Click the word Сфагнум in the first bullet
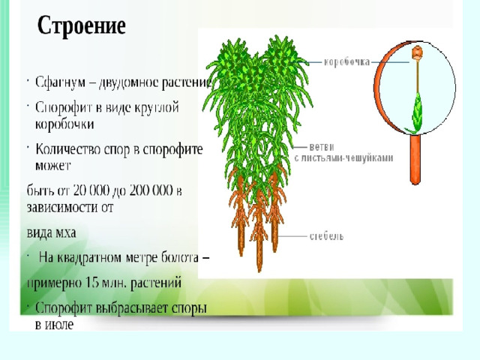60,82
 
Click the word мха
65,233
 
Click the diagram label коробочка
346,62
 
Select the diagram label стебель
326,236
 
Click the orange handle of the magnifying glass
415,160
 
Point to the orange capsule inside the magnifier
417,52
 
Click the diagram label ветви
322,147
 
